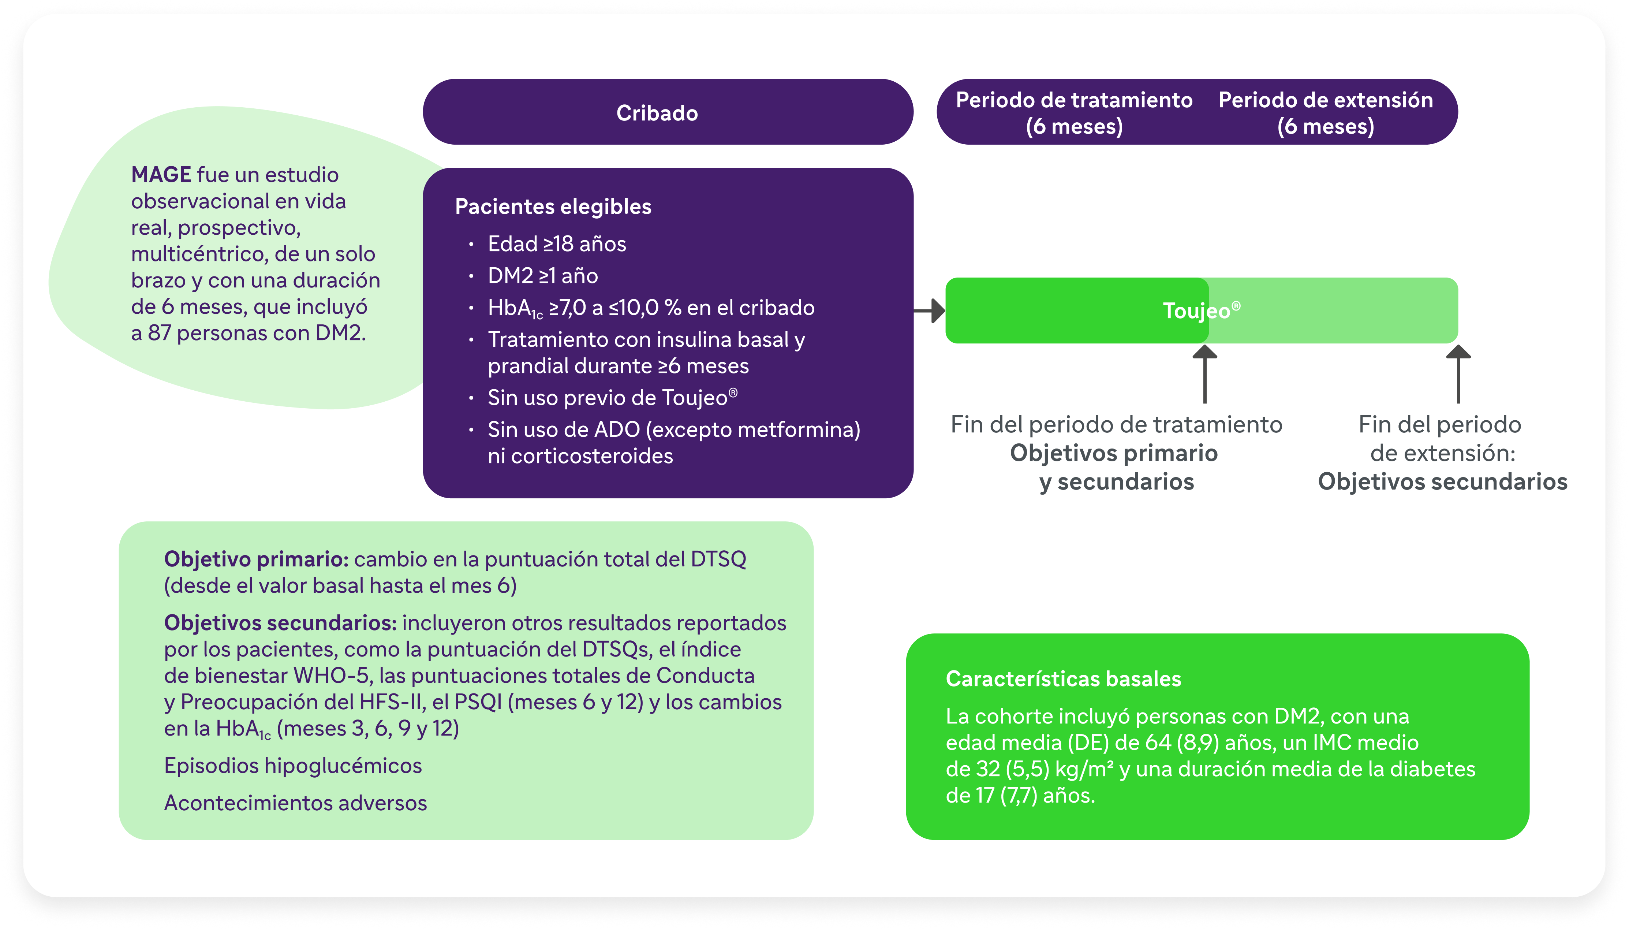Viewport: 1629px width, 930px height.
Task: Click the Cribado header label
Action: (657, 113)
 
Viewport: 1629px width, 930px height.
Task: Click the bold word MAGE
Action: (161, 174)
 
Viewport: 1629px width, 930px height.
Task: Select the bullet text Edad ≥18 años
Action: (557, 243)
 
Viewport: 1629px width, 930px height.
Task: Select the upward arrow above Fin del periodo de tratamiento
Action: (1204, 374)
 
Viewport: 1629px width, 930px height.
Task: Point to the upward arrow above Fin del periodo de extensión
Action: (1458, 374)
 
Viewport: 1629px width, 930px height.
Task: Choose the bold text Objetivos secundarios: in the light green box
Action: (280, 623)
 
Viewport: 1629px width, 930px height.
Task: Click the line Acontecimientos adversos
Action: (296, 803)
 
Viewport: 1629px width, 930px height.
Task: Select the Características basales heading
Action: (1063, 678)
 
